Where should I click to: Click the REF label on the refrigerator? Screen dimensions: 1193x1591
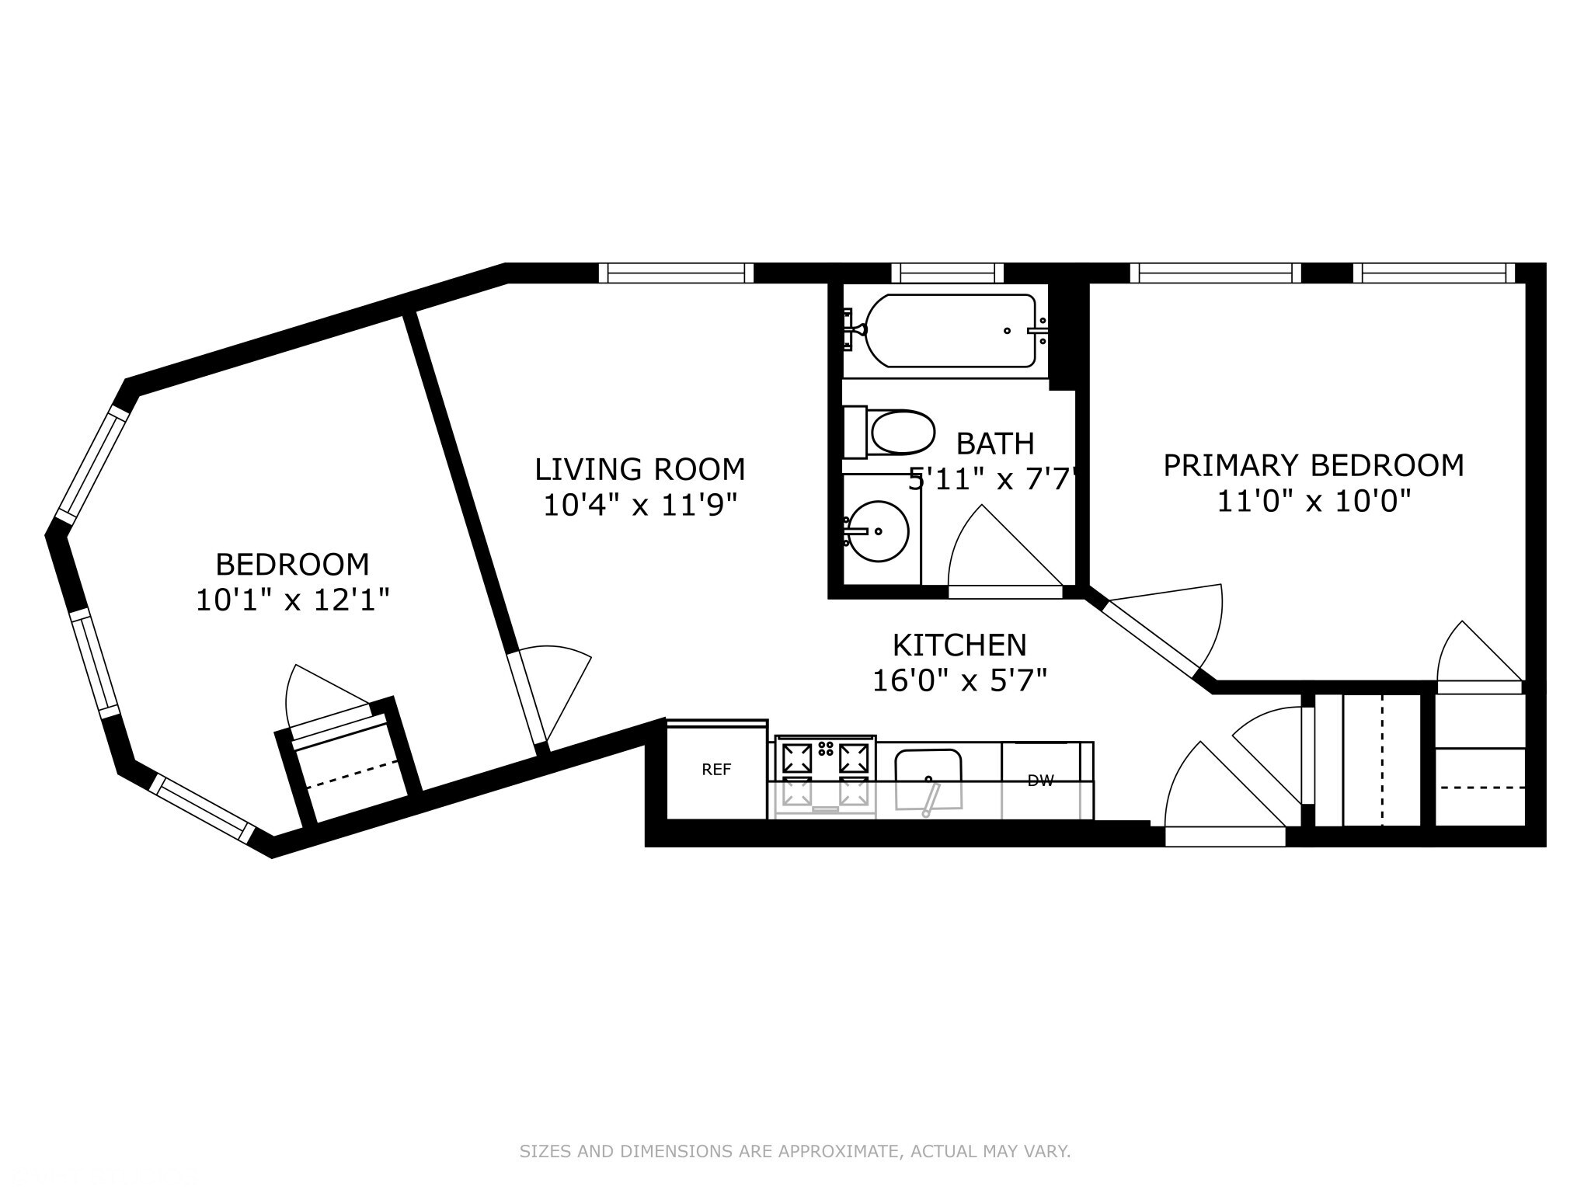[x=715, y=770]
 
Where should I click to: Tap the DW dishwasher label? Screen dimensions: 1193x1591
[x=1040, y=781]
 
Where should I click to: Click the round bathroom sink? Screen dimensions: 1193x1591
[x=878, y=531]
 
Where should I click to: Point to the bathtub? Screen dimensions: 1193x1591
[x=949, y=331]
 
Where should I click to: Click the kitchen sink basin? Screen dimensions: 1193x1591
[x=928, y=777]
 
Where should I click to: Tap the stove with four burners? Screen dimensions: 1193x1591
[x=825, y=775]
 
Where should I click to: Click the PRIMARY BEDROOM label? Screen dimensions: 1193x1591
[x=1313, y=465]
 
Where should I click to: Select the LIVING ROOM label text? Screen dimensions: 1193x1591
[x=639, y=469]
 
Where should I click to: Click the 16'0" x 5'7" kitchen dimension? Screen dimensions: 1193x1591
[x=959, y=681]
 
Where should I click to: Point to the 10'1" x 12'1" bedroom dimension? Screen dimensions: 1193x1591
[x=291, y=600]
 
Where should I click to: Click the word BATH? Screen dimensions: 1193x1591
[x=994, y=443]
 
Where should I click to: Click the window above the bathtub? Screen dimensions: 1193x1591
[x=947, y=273]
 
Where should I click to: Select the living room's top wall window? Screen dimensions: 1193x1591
[x=676, y=273]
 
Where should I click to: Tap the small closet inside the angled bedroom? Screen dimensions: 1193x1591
[x=350, y=769]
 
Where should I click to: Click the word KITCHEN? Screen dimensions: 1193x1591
[x=959, y=645]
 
